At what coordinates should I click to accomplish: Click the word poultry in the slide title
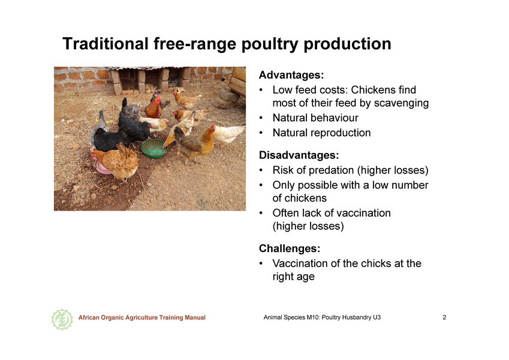[269, 44]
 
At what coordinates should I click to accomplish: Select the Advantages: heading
[291, 75]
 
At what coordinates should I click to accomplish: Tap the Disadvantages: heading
[299, 155]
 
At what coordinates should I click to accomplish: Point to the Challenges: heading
[290, 248]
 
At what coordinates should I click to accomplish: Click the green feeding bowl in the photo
[154, 148]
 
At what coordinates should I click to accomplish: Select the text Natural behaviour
[315, 118]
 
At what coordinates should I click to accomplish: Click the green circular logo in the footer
[62, 319]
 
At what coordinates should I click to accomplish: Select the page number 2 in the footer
[444, 317]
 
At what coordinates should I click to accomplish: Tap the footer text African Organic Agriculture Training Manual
[142, 317]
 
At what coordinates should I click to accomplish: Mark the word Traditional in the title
[106, 44]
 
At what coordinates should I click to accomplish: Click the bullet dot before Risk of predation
[261, 170]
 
